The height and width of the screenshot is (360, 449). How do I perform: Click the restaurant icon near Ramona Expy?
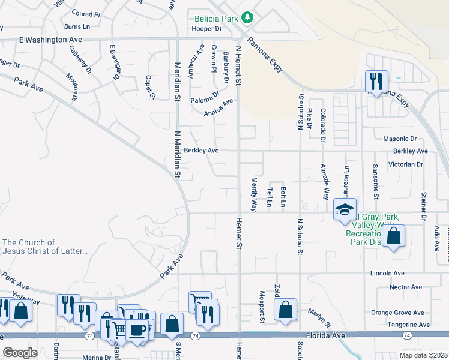point(376,81)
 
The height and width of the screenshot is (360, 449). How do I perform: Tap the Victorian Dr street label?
point(406,164)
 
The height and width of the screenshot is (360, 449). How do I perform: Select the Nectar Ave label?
point(406,287)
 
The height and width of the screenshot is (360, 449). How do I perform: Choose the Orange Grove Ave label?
point(397,313)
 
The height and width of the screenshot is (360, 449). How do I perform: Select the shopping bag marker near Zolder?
point(286,310)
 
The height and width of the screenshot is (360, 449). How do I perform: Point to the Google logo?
point(20,353)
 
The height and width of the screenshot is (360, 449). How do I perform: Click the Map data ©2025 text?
point(423,355)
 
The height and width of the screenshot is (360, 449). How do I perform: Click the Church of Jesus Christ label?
point(45,247)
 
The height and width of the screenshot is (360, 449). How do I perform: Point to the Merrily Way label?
point(254,194)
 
